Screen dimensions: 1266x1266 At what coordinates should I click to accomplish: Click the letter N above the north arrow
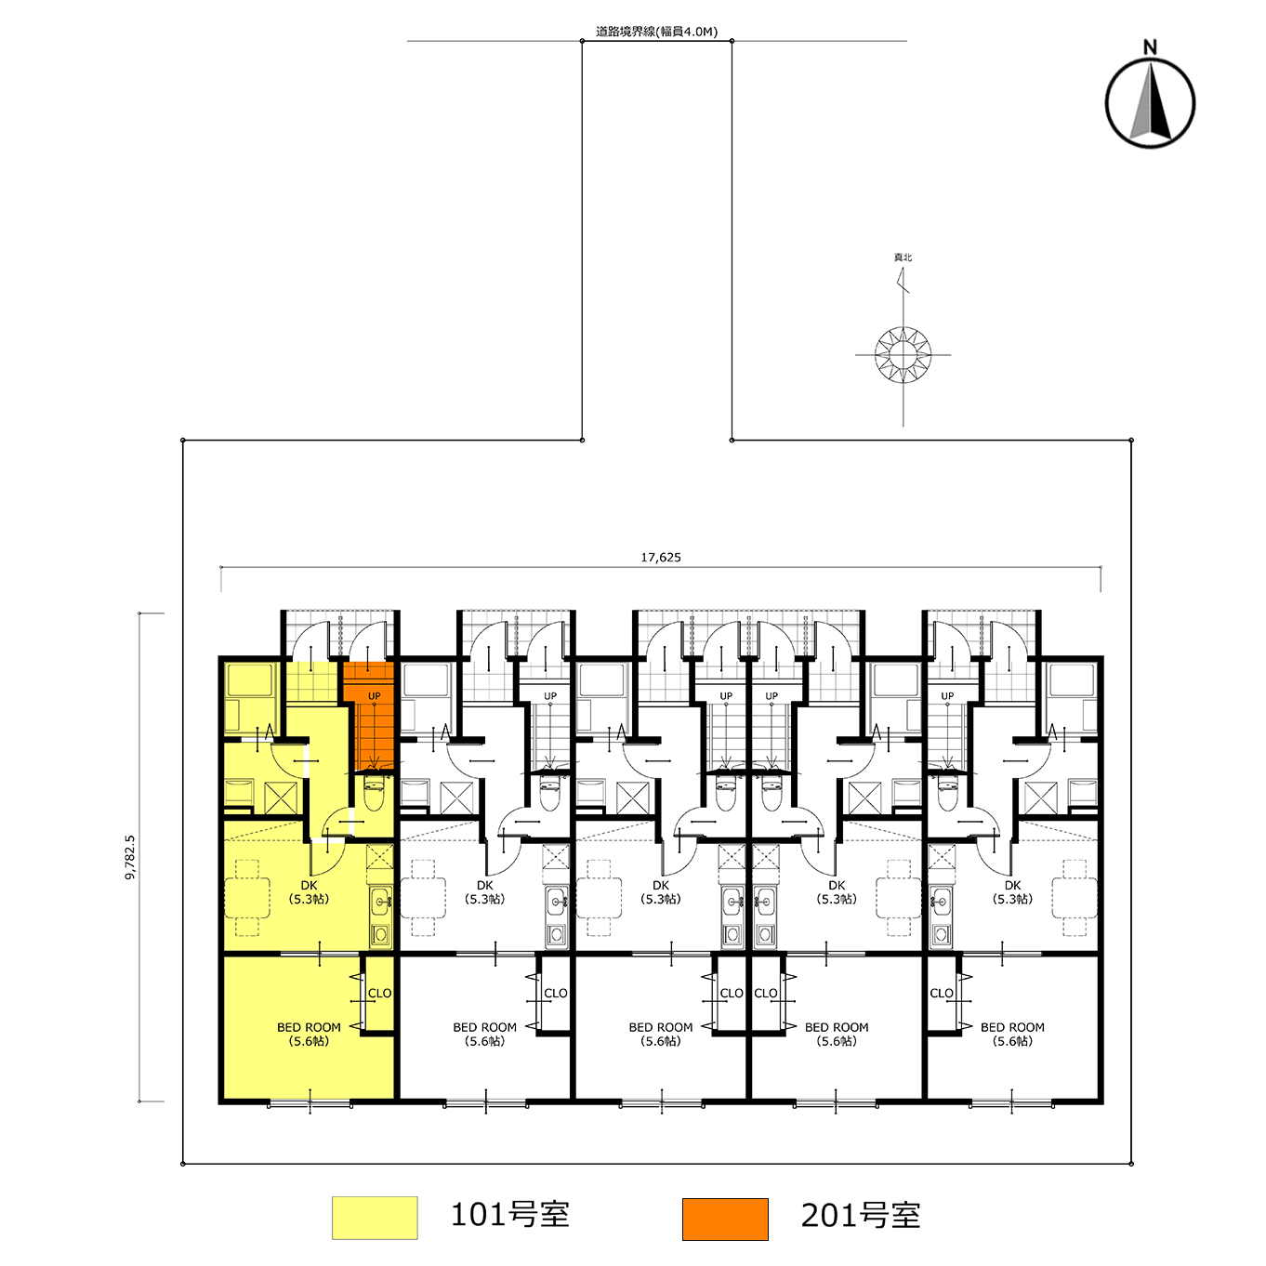click(x=1150, y=47)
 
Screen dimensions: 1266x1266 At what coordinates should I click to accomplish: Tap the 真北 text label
click(x=903, y=257)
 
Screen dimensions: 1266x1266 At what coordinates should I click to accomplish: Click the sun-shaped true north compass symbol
click(x=903, y=355)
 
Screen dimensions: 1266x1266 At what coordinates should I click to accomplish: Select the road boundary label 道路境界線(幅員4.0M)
click(x=656, y=32)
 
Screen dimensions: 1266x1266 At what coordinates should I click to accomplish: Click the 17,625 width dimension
click(x=661, y=558)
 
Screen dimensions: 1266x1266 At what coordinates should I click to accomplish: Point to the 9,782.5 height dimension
click(x=129, y=857)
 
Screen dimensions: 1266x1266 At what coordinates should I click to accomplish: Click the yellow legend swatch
click(x=375, y=1218)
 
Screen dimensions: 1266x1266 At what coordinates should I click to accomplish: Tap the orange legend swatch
click(x=725, y=1219)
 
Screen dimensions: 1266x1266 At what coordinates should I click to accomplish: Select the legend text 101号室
click(x=509, y=1215)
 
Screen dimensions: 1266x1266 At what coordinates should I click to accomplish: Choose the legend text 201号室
click(x=861, y=1216)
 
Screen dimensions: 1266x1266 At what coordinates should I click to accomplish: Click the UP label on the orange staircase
click(x=375, y=695)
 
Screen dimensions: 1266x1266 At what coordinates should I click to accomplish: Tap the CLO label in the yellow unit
click(x=380, y=994)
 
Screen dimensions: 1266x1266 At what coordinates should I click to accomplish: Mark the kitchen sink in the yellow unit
click(x=381, y=900)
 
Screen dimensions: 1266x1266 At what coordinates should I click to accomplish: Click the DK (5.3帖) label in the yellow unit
click(x=309, y=891)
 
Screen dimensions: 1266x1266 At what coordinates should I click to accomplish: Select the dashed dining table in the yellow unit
click(x=247, y=897)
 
